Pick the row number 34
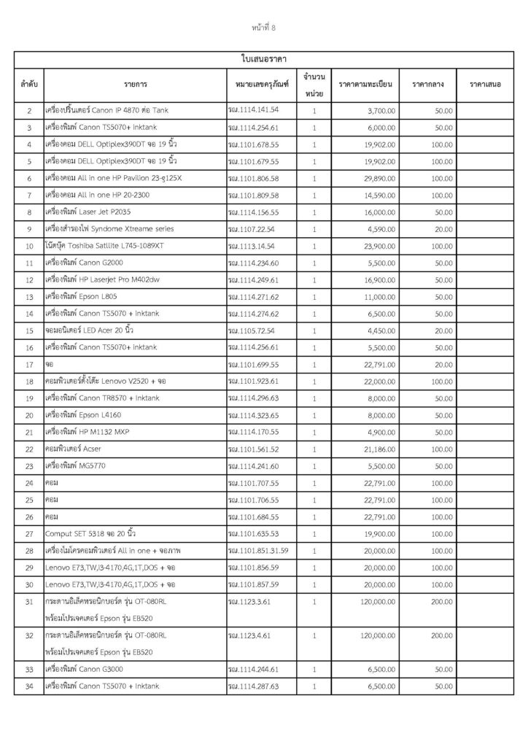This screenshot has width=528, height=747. (28, 686)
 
